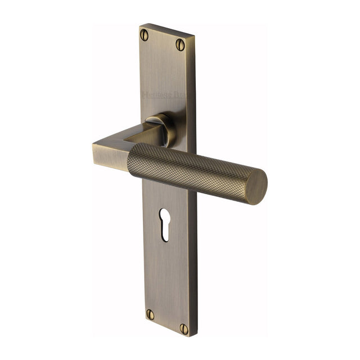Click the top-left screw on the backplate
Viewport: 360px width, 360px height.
(145, 35)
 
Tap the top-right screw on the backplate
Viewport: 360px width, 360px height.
(180, 44)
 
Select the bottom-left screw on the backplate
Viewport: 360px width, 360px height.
(150, 314)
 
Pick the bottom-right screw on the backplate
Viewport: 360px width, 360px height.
(184, 328)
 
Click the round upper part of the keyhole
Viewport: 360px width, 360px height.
(164, 215)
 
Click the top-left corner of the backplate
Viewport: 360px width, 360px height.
(141, 26)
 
